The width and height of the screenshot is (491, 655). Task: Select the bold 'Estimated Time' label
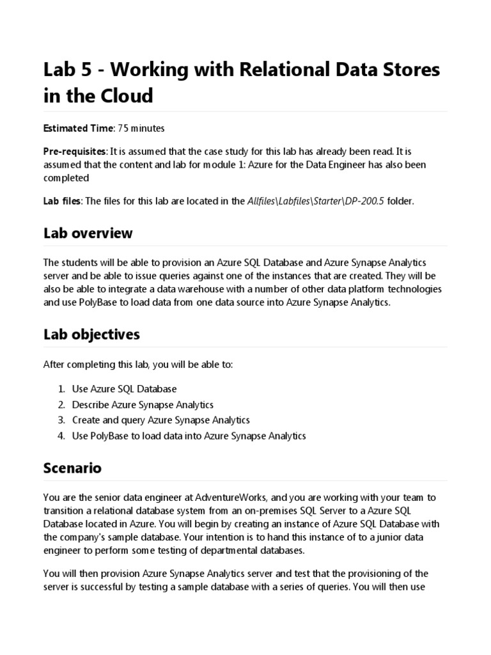click(77, 129)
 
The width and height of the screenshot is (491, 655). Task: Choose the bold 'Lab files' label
click(62, 201)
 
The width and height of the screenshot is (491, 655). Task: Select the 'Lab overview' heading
click(88, 233)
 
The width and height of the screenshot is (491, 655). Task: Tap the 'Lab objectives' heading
click(91, 335)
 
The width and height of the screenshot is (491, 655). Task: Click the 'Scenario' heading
click(72, 468)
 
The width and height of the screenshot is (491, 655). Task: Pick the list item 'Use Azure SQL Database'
click(124, 389)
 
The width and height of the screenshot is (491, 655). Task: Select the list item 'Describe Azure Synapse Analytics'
click(143, 405)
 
